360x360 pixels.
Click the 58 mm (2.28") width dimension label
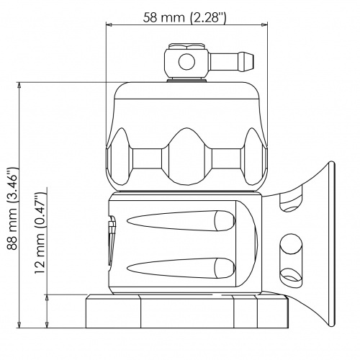pos(184,17)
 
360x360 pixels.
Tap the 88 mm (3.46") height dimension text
pos(12,208)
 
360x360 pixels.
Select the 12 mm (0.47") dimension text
pos(40,233)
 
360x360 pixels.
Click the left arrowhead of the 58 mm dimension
pos(109,24)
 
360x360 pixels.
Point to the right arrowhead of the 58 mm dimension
pos(264,24)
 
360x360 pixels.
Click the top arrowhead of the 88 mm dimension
pos(19,85)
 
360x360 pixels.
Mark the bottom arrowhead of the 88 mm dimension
pos(19,325)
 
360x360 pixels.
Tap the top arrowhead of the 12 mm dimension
pos(47,297)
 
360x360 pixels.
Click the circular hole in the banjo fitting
pos(186,62)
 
